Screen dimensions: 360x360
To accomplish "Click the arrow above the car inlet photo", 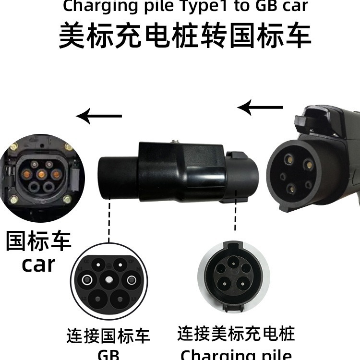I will [100, 116].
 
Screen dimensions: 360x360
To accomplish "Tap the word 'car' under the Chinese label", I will [38, 264].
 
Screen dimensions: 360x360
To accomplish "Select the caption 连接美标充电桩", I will [236, 333].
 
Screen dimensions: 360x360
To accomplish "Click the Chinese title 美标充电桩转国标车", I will [185, 36].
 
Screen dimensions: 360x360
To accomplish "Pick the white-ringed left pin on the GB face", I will [87, 279].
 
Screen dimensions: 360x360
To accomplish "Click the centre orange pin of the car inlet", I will [42, 173].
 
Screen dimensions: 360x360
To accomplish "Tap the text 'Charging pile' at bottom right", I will [236, 354].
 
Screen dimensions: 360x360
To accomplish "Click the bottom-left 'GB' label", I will [108, 355].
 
